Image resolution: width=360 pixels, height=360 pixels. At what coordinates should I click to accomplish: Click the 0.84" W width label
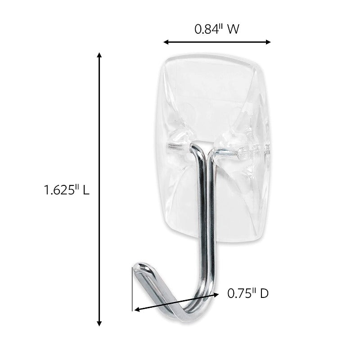pyautogui.click(x=216, y=29)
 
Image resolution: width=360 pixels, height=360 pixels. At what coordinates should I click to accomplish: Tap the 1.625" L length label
pyautogui.click(x=67, y=190)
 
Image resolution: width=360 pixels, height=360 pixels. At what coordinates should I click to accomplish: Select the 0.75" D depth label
pyautogui.click(x=247, y=293)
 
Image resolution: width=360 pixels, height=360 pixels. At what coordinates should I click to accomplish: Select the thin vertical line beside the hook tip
pyautogui.click(x=132, y=288)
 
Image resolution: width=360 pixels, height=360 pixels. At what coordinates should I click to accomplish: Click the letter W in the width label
pyautogui.click(x=233, y=29)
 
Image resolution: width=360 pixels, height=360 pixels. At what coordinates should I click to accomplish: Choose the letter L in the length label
pyautogui.click(x=85, y=190)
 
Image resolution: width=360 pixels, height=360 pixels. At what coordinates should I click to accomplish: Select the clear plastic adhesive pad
pyautogui.click(x=211, y=99)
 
